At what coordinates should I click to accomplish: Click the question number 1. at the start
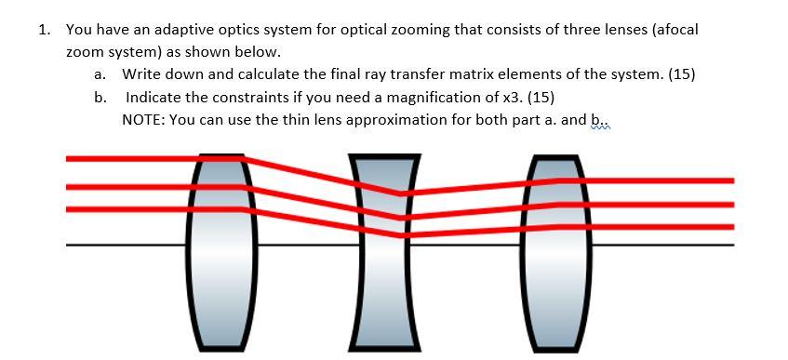pyautogui.click(x=44, y=29)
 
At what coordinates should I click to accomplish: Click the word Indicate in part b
pyautogui.click(x=154, y=97)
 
